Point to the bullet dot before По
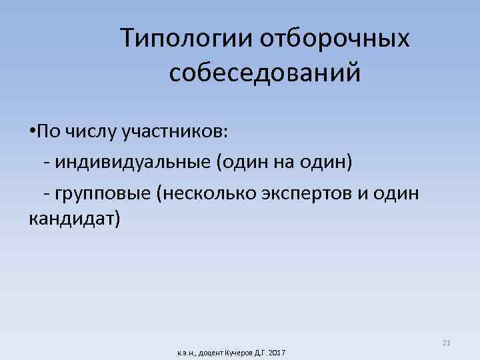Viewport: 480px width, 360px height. [33, 133]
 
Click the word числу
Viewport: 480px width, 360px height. [91, 133]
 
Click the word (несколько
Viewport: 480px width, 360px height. [204, 193]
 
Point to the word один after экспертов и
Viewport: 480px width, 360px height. [398, 193]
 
